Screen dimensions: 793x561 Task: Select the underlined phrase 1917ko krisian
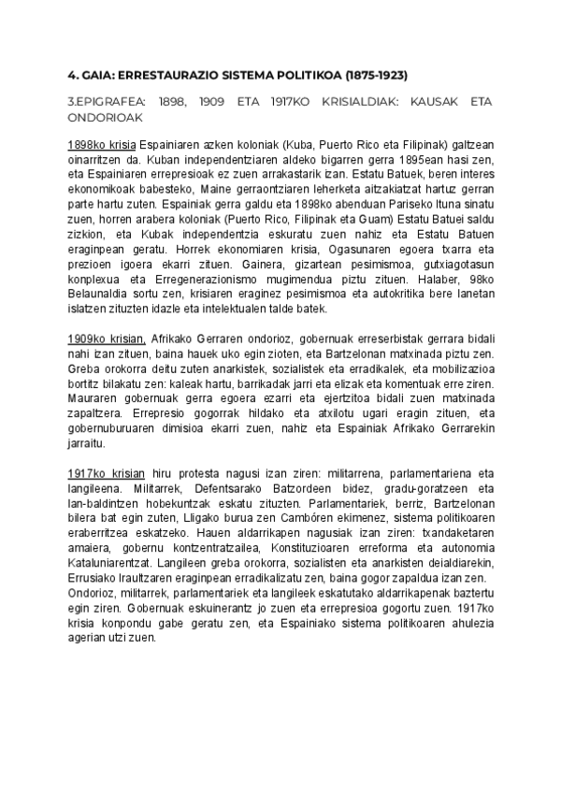coord(105,474)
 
